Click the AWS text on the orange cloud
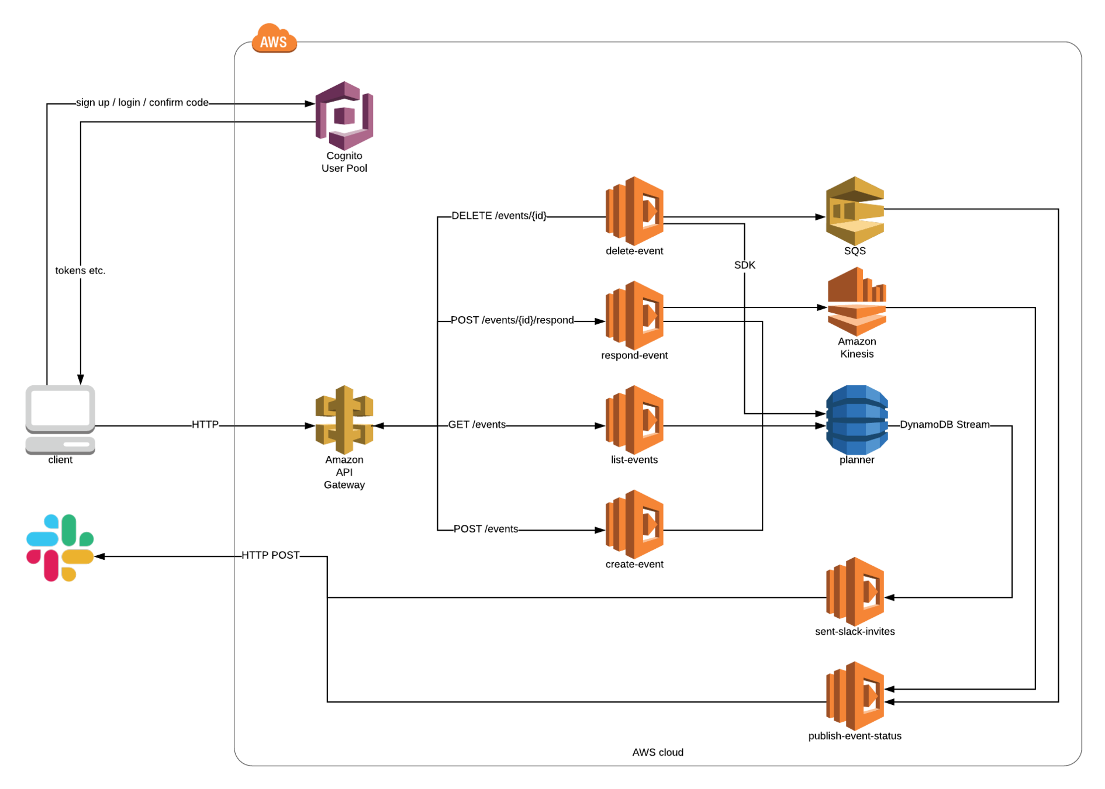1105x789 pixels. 274,42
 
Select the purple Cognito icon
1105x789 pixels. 344,116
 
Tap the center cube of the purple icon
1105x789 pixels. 344,116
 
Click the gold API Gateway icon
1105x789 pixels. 344,420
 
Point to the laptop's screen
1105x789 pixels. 60,407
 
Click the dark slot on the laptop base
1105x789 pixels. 77,445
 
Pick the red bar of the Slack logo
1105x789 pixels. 51,565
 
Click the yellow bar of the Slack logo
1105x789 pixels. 78,556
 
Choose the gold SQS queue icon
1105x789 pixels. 854,211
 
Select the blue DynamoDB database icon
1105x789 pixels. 857,420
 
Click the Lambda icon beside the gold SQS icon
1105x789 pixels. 634,211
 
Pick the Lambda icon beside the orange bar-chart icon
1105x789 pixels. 634,316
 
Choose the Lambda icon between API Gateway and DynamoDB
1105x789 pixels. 634,420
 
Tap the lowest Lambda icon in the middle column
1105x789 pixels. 634,524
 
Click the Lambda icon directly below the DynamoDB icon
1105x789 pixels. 854,591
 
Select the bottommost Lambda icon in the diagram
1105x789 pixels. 854,696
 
